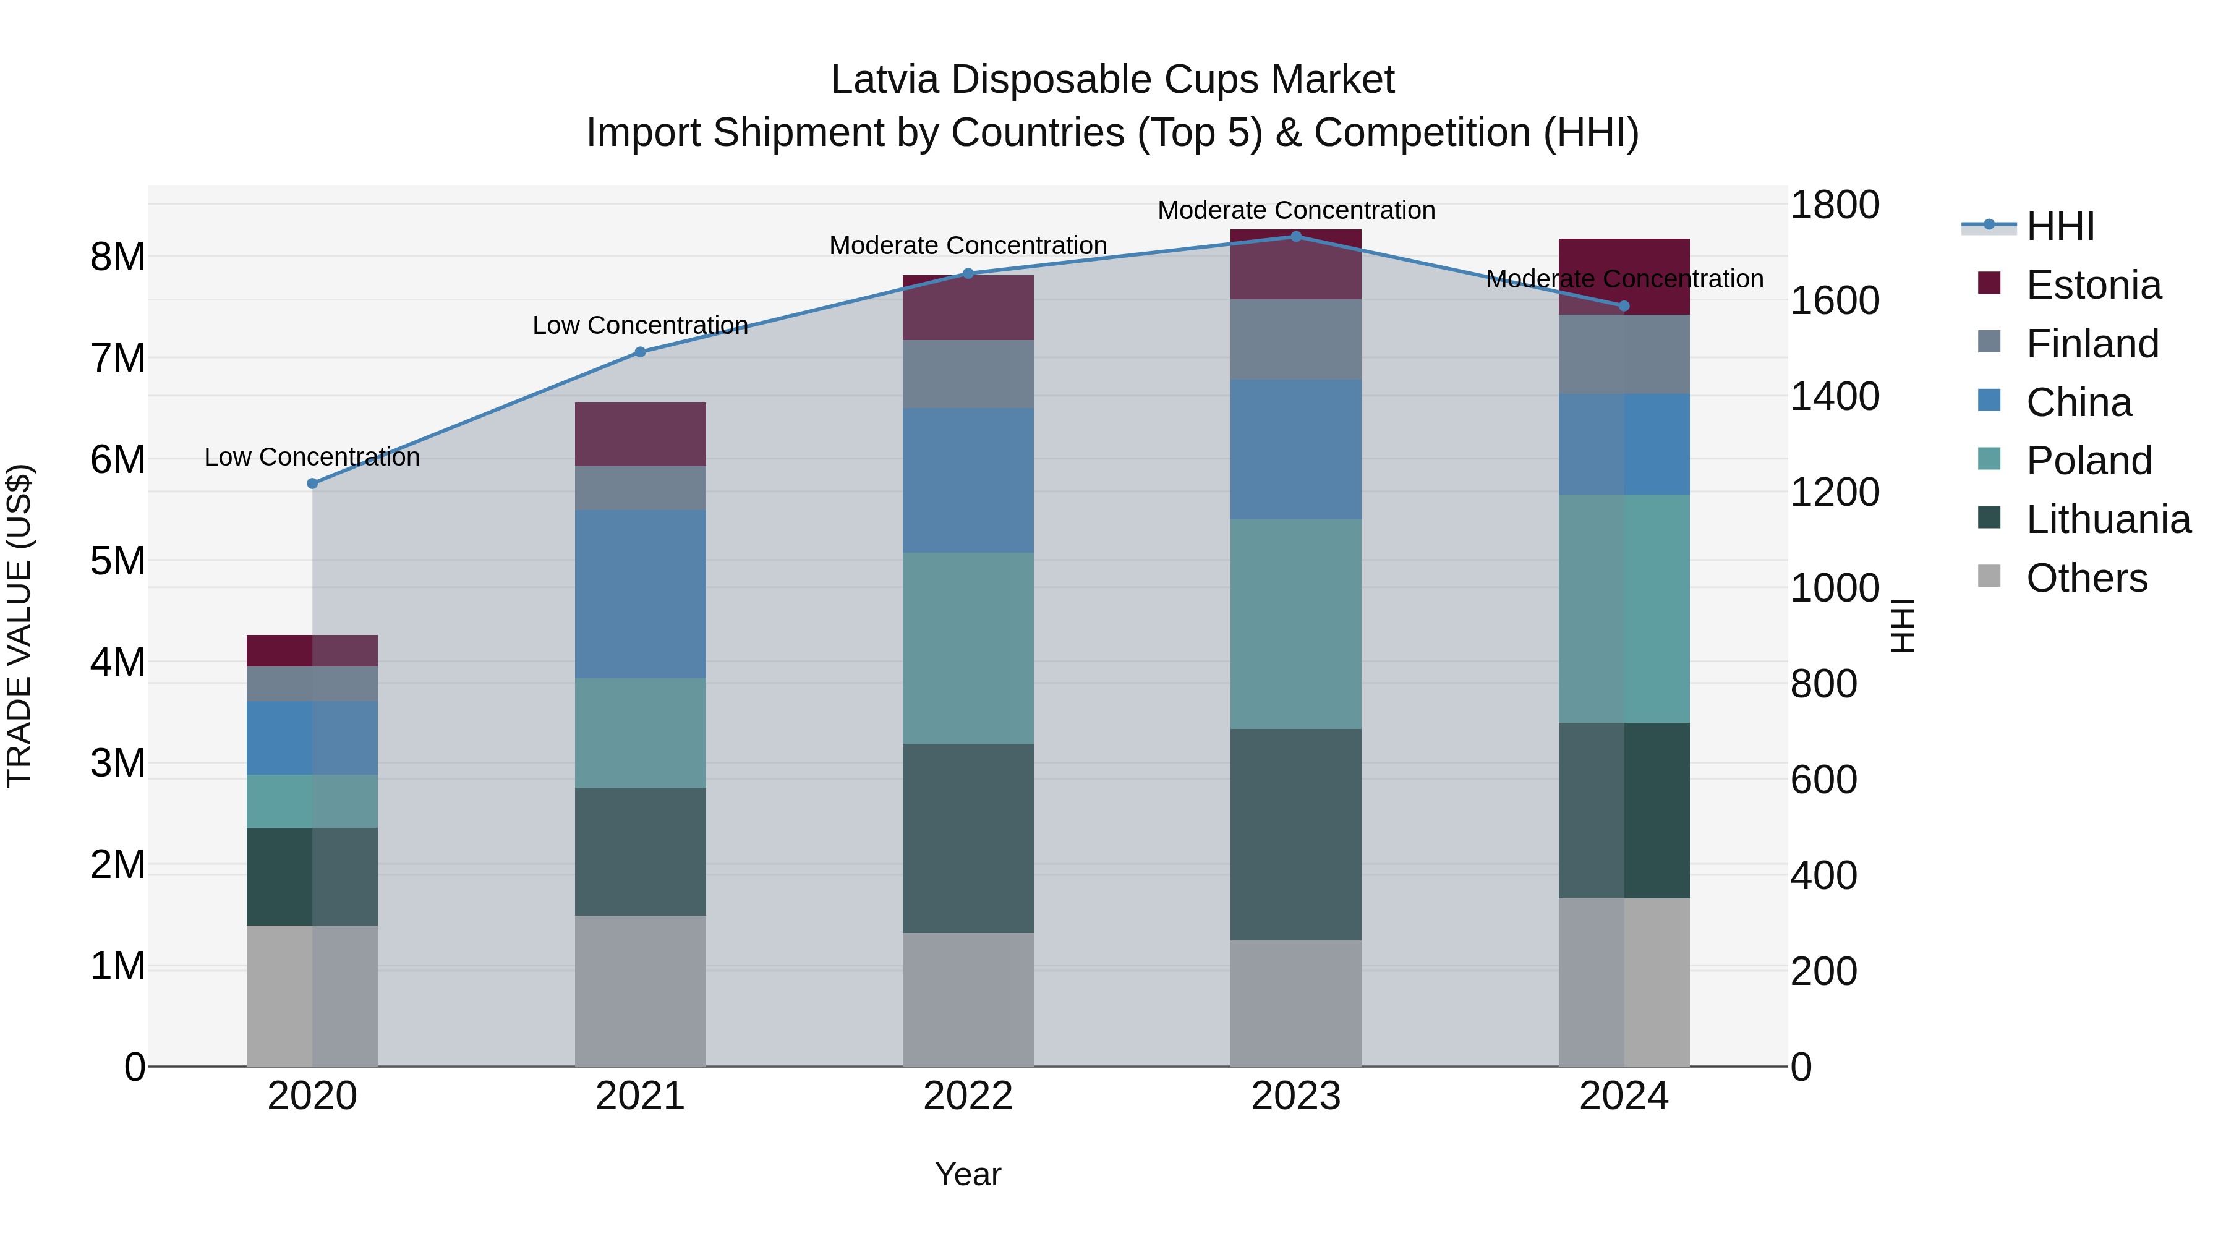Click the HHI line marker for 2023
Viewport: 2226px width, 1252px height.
coord(1295,236)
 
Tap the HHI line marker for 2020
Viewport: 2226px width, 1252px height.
coord(313,483)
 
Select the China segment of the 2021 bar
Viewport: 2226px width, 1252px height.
coord(641,594)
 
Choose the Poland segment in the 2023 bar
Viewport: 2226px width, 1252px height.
coord(1295,623)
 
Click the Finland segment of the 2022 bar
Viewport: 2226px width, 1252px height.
coord(968,373)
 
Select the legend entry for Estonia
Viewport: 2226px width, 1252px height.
coord(2093,285)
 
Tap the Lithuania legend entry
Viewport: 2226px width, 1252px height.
coord(2108,519)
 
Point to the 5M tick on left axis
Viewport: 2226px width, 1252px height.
coord(117,561)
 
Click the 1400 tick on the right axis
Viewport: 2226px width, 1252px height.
coord(1834,396)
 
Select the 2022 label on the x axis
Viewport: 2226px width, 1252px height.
coord(968,1096)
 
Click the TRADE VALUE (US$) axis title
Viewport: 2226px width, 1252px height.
coord(19,626)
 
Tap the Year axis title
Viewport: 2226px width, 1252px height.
coord(968,1174)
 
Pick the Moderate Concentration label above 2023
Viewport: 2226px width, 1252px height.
coord(1295,210)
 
